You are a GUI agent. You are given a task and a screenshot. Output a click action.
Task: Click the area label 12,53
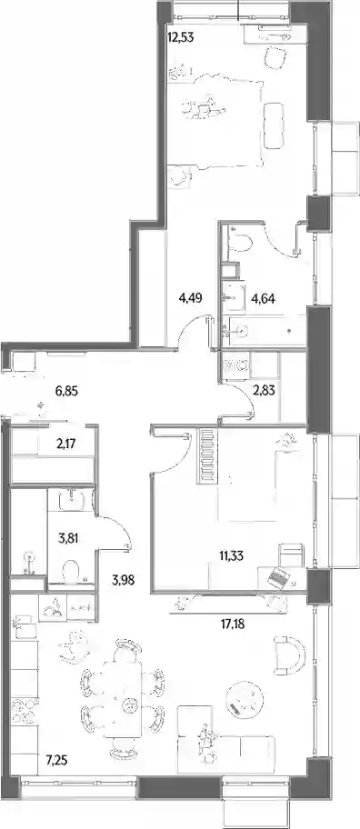click(180, 38)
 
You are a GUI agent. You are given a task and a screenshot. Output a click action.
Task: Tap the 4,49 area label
click(191, 298)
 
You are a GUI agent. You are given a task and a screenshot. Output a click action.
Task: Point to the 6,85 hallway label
click(67, 392)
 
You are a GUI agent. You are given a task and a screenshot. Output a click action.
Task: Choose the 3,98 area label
click(123, 579)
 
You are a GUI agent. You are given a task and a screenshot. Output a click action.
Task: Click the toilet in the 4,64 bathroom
click(241, 244)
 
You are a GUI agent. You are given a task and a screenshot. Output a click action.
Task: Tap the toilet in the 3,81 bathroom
click(72, 572)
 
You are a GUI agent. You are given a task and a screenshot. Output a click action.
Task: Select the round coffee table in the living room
click(244, 697)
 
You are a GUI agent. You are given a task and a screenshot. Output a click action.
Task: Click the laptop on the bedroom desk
click(278, 577)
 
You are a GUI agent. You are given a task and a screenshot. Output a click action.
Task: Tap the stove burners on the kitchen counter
click(25, 712)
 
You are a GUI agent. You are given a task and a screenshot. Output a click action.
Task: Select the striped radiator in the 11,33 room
click(207, 456)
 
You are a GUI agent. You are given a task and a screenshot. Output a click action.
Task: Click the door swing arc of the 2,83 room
click(245, 407)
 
